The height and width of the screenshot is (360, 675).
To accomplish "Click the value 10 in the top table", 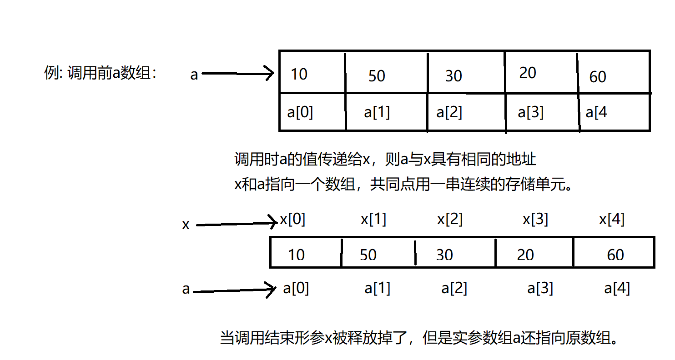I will pyautogui.click(x=299, y=74).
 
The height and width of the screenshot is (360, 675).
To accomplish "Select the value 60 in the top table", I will pyautogui.click(x=597, y=77).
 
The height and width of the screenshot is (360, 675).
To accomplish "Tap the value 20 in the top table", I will pyautogui.click(x=527, y=73).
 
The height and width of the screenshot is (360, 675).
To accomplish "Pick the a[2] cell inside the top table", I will pyautogui.click(x=449, y=112).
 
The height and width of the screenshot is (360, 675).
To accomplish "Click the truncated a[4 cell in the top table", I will pyautogui.click(x=596, y=112).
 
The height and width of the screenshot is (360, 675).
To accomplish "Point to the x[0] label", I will pyautogui.click(x=292, y=220).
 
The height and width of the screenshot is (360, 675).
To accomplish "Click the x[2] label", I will pyautogui.click(x=450, y=220).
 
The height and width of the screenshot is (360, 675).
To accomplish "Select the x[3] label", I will pyautogui.click(x=535, y=220).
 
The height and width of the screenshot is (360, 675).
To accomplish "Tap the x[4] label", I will pyautogui.click(x=612, y=220).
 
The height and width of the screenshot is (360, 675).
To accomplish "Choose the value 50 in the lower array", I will pyautogui.click(x=368, y=255).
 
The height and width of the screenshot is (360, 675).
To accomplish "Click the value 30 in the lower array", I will pyautogui.click(x=444, y=255).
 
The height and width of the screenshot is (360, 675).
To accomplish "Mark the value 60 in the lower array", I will pyautogui.click(x=615, y=255).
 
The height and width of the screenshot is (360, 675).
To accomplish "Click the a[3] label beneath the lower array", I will pyautogui.click(x=540, y=289).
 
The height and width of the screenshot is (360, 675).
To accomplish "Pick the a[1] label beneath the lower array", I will pyautogui.click(x=377, y=289).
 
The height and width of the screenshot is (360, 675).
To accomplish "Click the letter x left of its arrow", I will pyautogui.click(x=186, y=225).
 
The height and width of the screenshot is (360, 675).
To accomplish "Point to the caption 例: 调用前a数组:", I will pyautogui.click(x=101, y=73).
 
